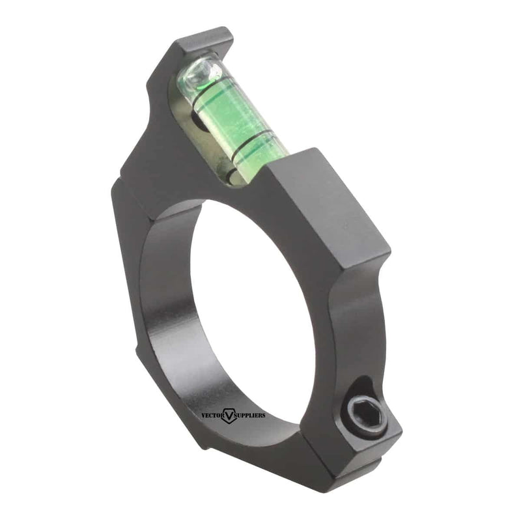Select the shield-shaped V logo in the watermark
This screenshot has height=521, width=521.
pyautogui.click(x=229, y=415)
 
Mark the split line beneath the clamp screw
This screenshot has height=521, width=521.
pyautogui.click(x=365, y=449)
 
